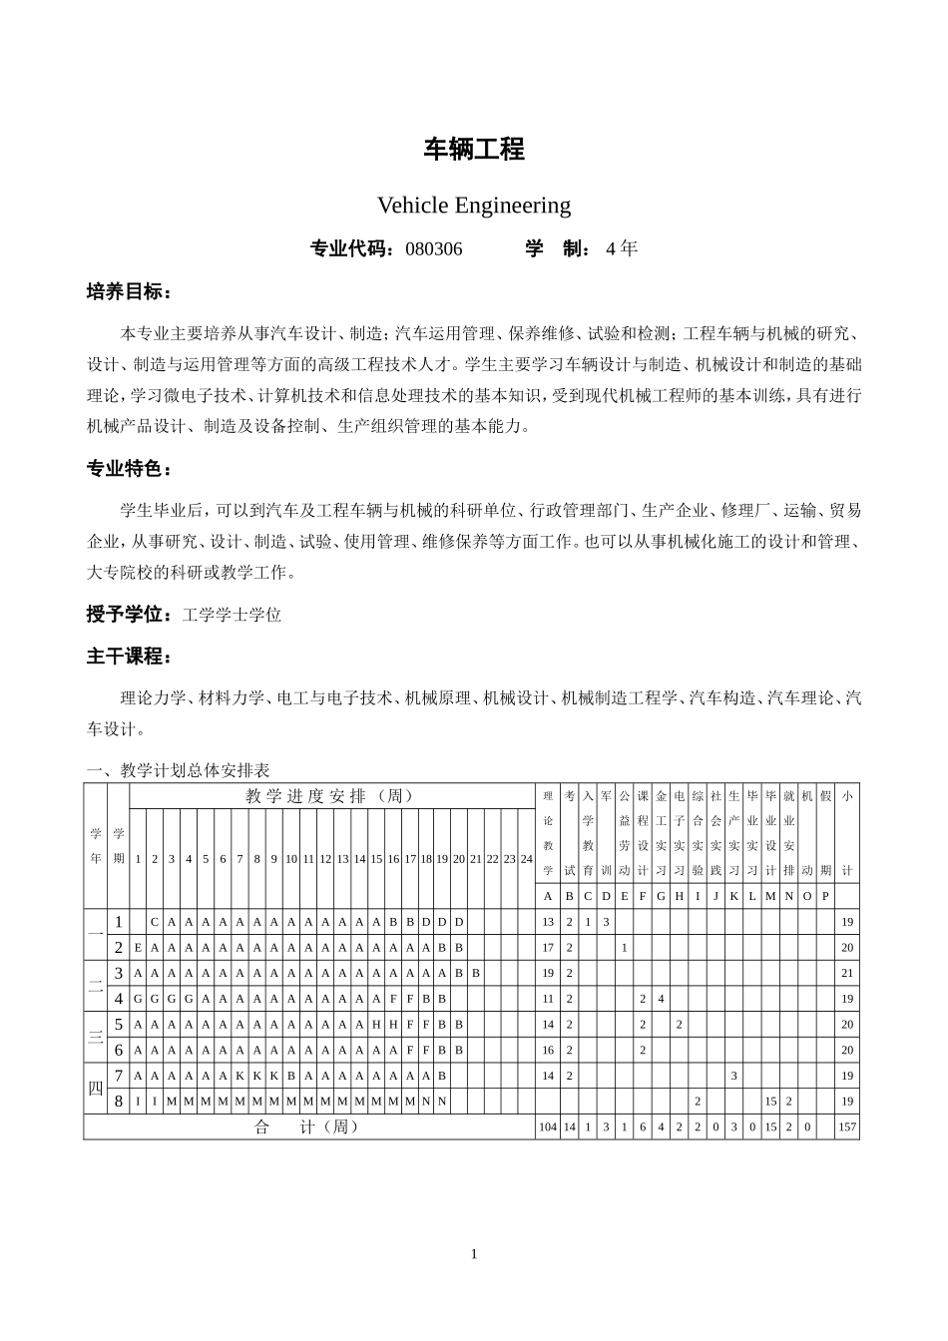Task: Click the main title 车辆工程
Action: coord(474,150)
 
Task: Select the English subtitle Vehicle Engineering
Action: coord(474,206)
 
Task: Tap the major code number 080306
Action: coord(434,249)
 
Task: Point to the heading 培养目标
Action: coord(129,292)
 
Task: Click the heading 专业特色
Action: coord(129,469)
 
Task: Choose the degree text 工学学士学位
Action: coord(232,615)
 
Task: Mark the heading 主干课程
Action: coord(129,657)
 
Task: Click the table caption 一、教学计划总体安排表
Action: coord(179,770)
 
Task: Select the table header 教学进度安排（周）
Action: coord(330,795)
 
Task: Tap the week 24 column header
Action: coord(526,859)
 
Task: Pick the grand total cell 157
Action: coord(847,1127)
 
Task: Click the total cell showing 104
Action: coord(548,1127)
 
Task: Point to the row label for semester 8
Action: coord(118,1102)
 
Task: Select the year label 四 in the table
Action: coord(96,1089)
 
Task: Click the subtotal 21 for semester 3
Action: coord(847,973)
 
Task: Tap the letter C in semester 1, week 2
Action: coord(155,922)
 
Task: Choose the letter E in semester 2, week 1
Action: coord(138,948)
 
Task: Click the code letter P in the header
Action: coord(825,896)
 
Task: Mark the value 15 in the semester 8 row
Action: coord(770,1102)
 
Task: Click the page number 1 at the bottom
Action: coord(474,1254)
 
